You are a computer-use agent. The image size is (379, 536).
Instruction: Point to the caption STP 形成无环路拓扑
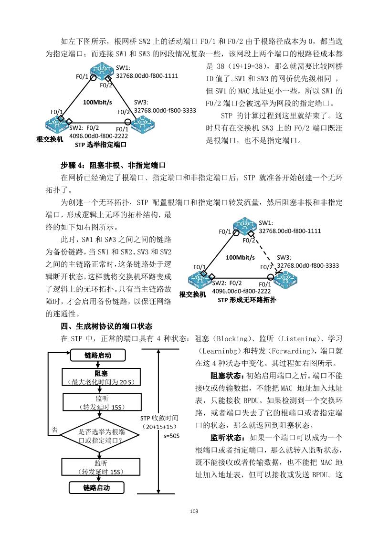pos(246,300)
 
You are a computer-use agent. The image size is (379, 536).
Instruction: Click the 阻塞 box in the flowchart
pos(97,377)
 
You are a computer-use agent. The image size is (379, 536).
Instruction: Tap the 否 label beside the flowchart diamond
pos(55,430)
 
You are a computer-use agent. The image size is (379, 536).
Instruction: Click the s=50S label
pos(171,436)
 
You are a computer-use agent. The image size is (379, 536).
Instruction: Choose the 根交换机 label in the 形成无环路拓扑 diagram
pos(192,294)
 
